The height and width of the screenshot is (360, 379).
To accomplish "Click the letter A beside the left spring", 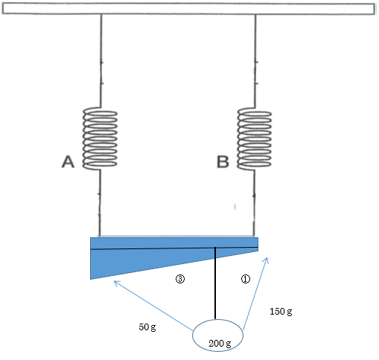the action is [x=68, y=161].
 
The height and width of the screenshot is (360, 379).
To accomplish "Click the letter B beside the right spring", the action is [x=223, y=161].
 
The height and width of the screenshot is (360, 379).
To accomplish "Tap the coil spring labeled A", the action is [x=100, y=138].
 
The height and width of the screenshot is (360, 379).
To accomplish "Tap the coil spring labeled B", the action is [x=255, y=138].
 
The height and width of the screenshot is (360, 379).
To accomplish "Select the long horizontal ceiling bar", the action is [x=188, y=9].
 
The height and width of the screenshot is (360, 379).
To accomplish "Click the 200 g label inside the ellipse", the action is [x=220, y=344].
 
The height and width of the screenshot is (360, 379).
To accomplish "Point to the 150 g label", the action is [x=281, y=312].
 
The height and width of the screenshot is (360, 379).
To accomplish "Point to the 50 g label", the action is [x=147, y=327].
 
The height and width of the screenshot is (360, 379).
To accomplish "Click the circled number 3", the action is [x=180, y=279].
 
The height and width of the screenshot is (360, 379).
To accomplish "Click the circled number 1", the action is [x=246, y=279].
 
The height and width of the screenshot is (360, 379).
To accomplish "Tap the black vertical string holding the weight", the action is [x=215, y=283].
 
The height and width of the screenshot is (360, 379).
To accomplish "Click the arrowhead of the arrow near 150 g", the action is [x=267, y=258].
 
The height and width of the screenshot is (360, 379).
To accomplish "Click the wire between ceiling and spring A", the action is [x=101, y=61].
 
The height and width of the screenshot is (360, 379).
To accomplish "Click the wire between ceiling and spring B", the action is [x=255, y=61].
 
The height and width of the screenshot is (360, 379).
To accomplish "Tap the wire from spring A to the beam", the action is [x=100, y=203].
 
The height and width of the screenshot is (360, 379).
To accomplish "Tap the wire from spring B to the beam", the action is [x=254, y=203].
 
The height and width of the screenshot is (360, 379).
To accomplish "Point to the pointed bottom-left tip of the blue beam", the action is [x=91, y=279].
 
